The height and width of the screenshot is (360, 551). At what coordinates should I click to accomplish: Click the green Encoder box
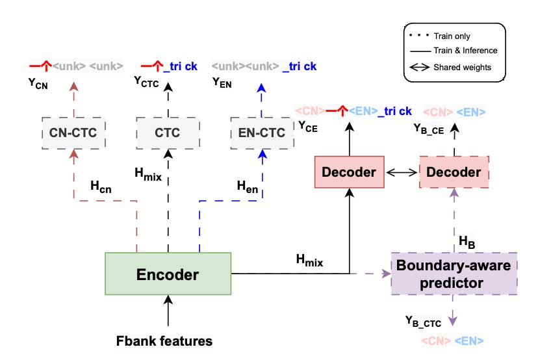point(168,275)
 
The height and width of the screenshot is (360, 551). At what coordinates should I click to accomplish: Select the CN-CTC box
point(73,133)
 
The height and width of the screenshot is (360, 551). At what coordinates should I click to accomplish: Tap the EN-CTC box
point(262,133)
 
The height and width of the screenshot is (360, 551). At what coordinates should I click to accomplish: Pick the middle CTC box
point(168,133)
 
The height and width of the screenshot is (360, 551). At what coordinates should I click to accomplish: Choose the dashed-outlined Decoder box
point(454,172)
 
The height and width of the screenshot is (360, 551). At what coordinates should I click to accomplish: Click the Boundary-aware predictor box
point(454,274)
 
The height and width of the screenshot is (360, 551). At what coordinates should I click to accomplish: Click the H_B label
point(467,241)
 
